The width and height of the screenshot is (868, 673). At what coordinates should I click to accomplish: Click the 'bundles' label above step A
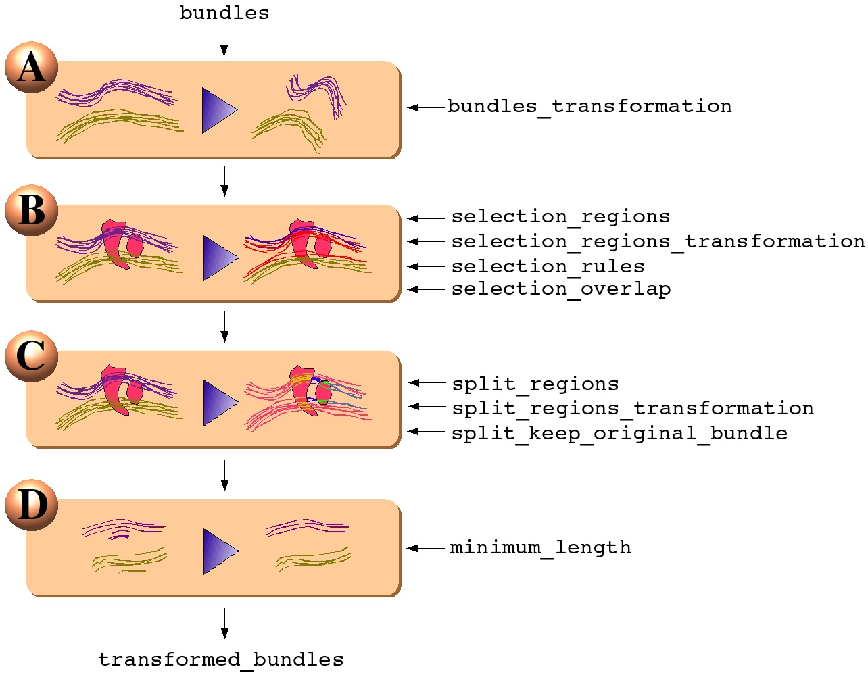point(224,13)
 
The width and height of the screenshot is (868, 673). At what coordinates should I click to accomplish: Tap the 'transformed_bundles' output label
point(221,659)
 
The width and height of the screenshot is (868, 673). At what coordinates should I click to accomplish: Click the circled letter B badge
point(31,210)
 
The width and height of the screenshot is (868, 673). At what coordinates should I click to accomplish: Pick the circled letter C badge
point(31,356)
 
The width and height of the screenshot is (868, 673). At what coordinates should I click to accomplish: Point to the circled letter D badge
point(31,505)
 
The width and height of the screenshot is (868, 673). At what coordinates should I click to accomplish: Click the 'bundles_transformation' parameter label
point(589,106)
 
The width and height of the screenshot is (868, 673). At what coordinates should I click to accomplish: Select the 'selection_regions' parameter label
point(560,216)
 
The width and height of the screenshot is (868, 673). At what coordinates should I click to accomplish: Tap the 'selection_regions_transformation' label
point(658,241)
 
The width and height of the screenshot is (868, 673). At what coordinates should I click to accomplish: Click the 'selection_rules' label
point(548,266)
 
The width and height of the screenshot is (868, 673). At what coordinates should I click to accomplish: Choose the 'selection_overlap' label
point(561,289)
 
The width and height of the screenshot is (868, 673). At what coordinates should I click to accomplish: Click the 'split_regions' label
point(535,384)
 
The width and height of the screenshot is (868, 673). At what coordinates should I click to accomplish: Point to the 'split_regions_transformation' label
point(633,408)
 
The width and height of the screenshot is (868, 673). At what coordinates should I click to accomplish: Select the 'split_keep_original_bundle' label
point(619,433)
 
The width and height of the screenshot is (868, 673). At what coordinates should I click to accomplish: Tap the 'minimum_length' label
point(540,547)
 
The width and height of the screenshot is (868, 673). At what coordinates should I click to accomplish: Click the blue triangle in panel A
point(217,110)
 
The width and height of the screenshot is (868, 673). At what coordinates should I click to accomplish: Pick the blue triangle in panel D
point(218,551)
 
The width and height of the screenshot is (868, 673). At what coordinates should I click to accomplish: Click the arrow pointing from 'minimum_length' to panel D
point(426,548)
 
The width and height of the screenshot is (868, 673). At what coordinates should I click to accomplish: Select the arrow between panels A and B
point(224,180)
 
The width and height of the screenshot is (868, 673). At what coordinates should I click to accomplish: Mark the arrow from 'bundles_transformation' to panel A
point(426,107)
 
